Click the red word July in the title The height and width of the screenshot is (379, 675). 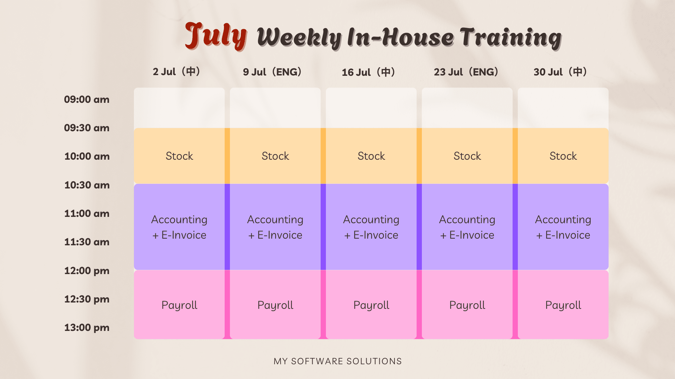216,36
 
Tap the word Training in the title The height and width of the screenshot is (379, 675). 511,38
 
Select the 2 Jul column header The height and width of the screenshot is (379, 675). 176,72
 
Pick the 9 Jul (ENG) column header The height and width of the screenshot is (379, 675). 272,72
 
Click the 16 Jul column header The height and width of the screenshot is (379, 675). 368,72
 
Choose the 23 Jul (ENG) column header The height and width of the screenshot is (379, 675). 466,72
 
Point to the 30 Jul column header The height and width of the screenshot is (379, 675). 560,72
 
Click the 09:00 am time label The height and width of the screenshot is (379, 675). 86,100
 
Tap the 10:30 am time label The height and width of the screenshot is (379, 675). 87,185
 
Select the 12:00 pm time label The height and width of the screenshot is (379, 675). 87,271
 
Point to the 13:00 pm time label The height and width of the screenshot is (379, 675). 87,328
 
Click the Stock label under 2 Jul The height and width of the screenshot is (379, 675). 179,156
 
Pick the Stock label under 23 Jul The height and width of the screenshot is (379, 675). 467,156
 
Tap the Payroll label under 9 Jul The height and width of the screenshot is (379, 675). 275,305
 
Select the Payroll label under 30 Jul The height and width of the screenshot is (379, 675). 563,305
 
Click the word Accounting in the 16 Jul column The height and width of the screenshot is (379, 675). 371,220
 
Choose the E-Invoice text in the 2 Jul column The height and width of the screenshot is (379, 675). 184,235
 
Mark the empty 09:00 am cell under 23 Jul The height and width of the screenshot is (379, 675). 467,108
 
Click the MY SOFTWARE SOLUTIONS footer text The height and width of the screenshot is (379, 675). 337,361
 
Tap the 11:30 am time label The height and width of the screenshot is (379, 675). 87,242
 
